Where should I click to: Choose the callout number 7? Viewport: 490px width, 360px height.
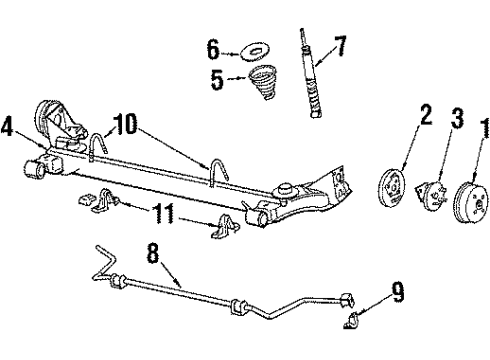tap(339, 46)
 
